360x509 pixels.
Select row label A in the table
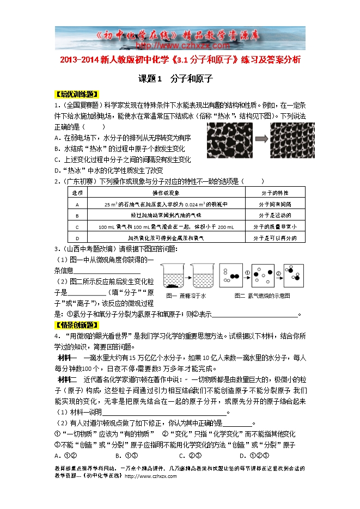[77, 204]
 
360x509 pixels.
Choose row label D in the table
[77, 238]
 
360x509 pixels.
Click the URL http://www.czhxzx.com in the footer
[151, 476]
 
